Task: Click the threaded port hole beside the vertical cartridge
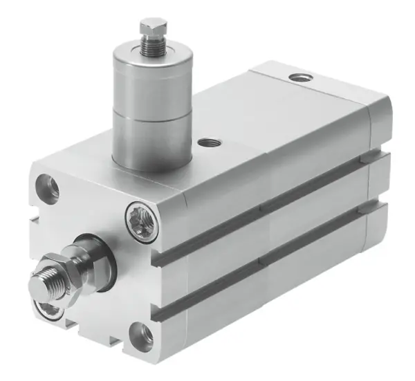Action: click(206, 144)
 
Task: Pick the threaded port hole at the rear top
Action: click(299, 76)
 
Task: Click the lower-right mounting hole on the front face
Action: click(143, 335)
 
